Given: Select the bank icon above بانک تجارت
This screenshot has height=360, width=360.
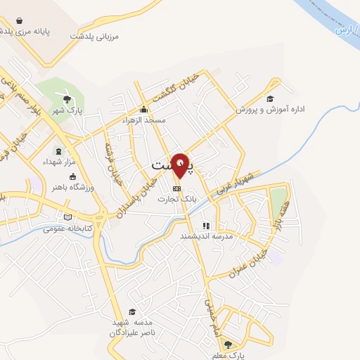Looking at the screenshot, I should [176, 188].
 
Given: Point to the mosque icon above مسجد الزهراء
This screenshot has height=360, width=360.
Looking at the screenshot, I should [144, 109].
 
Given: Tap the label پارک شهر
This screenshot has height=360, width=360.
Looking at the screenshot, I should [70, 110].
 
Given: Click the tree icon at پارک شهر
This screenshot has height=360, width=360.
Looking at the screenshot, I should [67, 99].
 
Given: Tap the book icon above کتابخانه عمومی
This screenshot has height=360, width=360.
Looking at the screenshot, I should [68, 217].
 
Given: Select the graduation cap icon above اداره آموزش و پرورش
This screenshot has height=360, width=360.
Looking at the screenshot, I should [271, 98].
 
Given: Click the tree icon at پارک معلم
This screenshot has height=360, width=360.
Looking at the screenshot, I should [226, 344].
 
